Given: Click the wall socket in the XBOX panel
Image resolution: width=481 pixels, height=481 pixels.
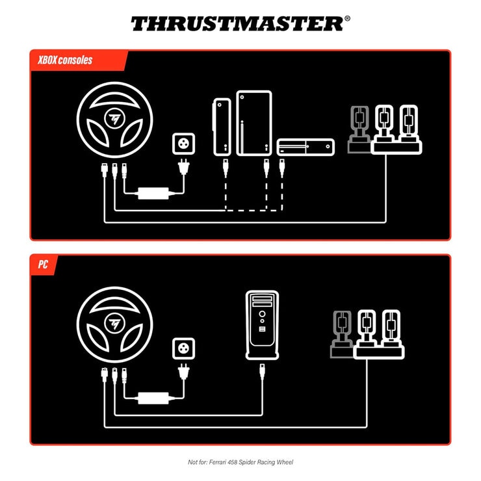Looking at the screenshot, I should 183,143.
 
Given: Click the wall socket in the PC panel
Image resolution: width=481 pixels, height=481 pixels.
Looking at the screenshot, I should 183,348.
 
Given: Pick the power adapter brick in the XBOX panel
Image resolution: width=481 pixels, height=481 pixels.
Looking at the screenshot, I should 153,193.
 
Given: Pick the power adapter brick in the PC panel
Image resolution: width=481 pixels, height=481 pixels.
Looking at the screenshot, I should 153,397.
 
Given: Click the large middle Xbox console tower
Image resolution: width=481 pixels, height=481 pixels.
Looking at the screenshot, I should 253,123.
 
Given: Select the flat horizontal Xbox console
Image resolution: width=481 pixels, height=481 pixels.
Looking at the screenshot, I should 305,147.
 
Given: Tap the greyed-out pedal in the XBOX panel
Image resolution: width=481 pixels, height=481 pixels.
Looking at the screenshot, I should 358,129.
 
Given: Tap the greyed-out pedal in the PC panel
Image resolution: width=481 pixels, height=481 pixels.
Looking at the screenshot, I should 341,333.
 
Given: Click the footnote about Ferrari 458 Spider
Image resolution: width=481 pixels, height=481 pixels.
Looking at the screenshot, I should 240,462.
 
